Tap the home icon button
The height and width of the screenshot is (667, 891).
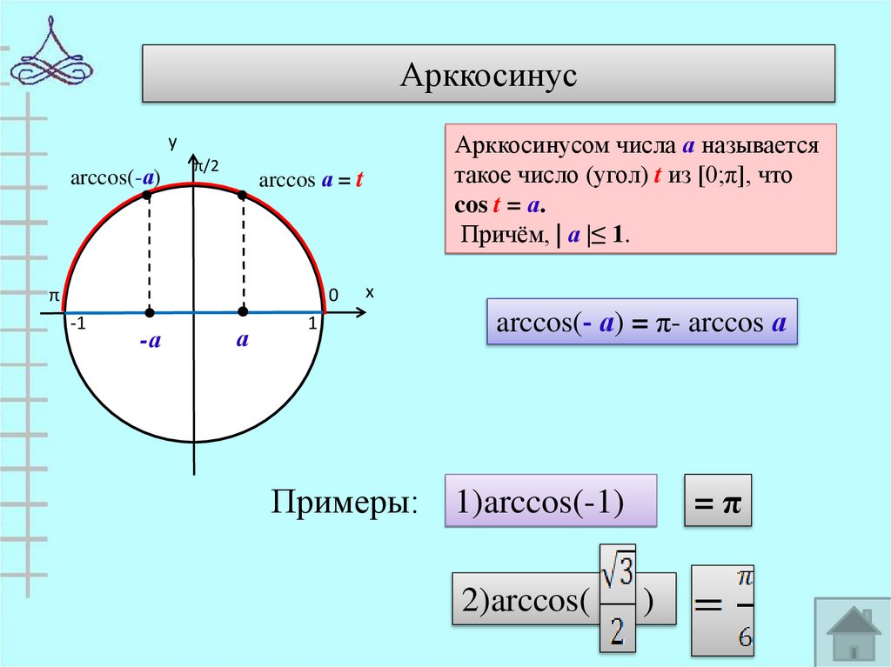[853, 633]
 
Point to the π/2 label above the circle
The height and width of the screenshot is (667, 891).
[206, 166]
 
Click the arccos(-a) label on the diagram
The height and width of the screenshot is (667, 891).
[117, 178]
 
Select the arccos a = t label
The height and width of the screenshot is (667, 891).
[310, 181]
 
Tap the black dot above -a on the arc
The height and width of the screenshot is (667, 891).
[147, 196]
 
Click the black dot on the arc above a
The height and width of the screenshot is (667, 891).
[243, 197]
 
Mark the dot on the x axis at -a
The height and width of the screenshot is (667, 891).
[150, 312]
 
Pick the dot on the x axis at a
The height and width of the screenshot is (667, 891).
[243, 311]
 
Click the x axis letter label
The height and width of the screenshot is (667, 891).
[369, 293]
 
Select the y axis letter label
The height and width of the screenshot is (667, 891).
[173, 142]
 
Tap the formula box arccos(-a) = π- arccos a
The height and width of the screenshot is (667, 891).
[641, 323]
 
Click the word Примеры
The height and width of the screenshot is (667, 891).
[345, 502]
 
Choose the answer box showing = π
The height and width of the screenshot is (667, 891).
[717, 504]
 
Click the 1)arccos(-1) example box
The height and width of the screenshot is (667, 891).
[550, 501]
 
